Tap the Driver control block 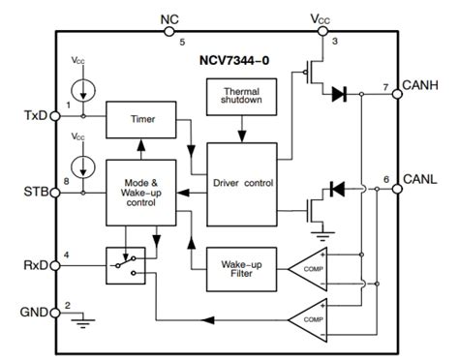pos(242,182)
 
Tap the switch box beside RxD pos(125,261)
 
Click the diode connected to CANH pos(340,94)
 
